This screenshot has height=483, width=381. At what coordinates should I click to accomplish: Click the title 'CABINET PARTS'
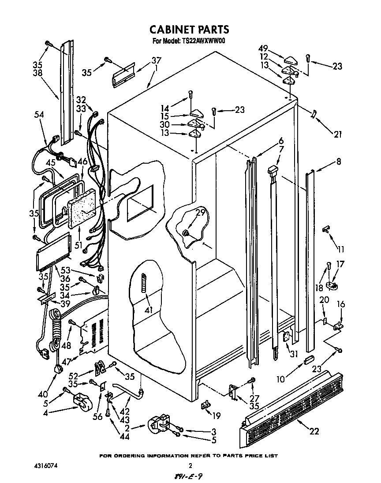(x=190, y=30)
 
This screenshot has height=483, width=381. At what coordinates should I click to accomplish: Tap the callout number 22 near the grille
(x=314, y=431)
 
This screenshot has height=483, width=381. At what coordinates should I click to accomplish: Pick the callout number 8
(x=338, y=161)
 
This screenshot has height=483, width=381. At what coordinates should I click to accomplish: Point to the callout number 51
(x=78, y=245)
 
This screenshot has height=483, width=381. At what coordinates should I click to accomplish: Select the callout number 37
(x=156, y=60)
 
